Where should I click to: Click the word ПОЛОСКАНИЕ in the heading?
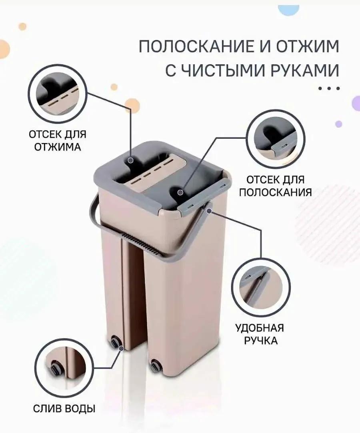tap(196, 47)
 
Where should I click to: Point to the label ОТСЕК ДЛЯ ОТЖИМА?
tap(58, 141)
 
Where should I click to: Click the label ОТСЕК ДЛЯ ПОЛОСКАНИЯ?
tap(275, 186)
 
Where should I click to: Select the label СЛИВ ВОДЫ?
tap(64, 408)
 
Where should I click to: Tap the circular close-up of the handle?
tap(261, 287)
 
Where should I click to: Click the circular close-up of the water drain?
tap(65, 367)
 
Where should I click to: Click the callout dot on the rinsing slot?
tap(180, 192)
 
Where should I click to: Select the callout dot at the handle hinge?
tap(209, 211)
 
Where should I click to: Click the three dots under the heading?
tap(328, 89)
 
